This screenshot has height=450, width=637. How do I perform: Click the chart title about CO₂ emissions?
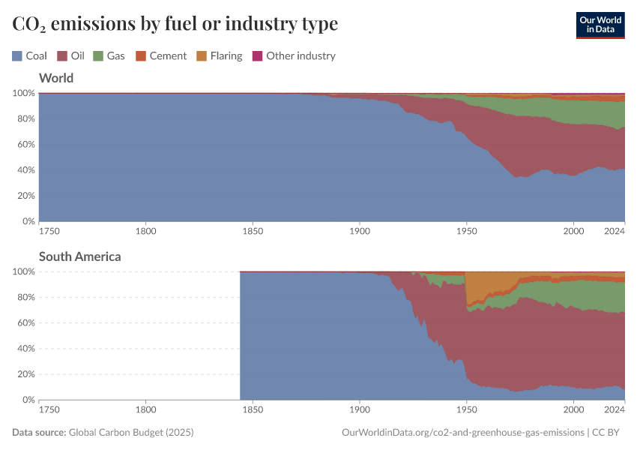(175, 24)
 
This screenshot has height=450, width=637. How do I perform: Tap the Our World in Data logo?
(600, 25)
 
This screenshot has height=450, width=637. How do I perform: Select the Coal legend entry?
(30, 55)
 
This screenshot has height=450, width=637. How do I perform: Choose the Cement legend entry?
(161, 55)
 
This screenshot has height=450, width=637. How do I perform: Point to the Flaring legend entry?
(219, 55)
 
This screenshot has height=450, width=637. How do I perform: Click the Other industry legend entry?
(294, 55)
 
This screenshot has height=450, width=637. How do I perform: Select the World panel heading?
(55, 78)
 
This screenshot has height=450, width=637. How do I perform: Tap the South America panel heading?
(79, 256)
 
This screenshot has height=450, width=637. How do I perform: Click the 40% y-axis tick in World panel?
(24, 170)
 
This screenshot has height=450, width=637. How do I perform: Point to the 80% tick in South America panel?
(24, 297)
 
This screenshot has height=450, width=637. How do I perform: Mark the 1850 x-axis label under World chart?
(253, 232)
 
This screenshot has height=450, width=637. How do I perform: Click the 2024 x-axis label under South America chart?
(614, 410)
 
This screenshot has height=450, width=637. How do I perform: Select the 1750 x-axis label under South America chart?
(49, 410)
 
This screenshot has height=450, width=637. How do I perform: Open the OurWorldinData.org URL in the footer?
(462, 433)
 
